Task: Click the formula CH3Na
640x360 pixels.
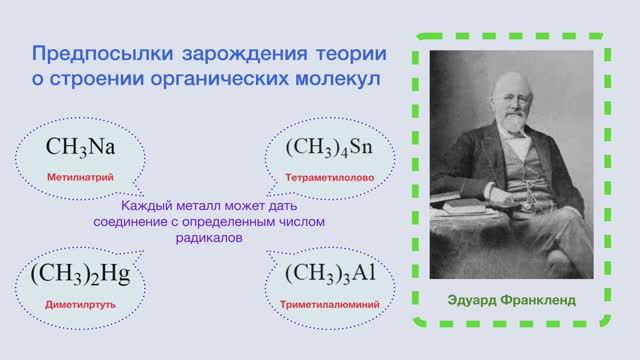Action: [81, 147]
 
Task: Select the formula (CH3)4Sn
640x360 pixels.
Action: [329, 147]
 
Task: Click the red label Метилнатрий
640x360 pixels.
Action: [77, 176]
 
